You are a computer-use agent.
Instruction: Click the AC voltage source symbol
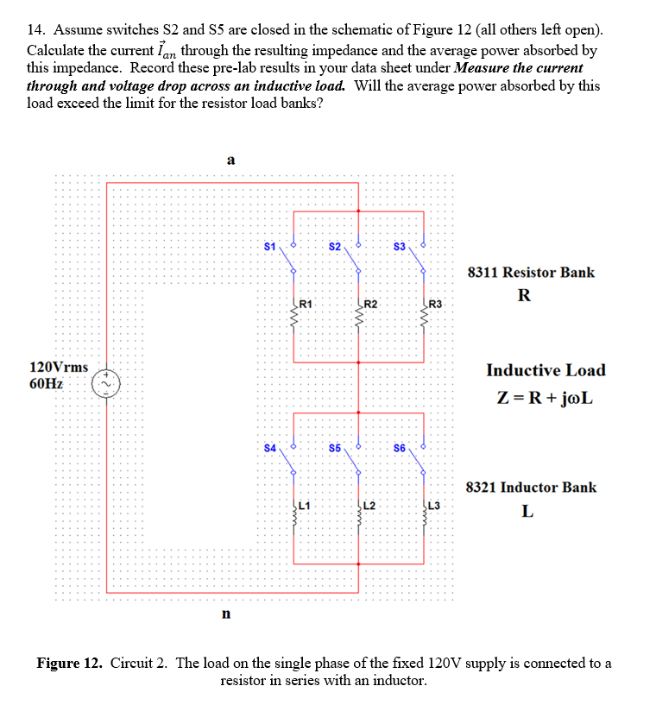click(x=107, y=382)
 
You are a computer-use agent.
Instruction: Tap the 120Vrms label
click(x=59, y=367)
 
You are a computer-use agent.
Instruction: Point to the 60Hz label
click(x=46, y=383)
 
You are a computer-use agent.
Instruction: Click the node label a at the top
click(x=230, y=160)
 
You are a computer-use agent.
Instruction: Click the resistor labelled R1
click(x=295, y=319)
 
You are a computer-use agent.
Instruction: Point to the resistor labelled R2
click(x=359, y=319)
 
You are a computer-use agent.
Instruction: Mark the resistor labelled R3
click(x=424, y=319)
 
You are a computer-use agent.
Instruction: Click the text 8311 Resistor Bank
click(x=530, y=273)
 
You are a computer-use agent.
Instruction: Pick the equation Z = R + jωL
click(x=545, y=399)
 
